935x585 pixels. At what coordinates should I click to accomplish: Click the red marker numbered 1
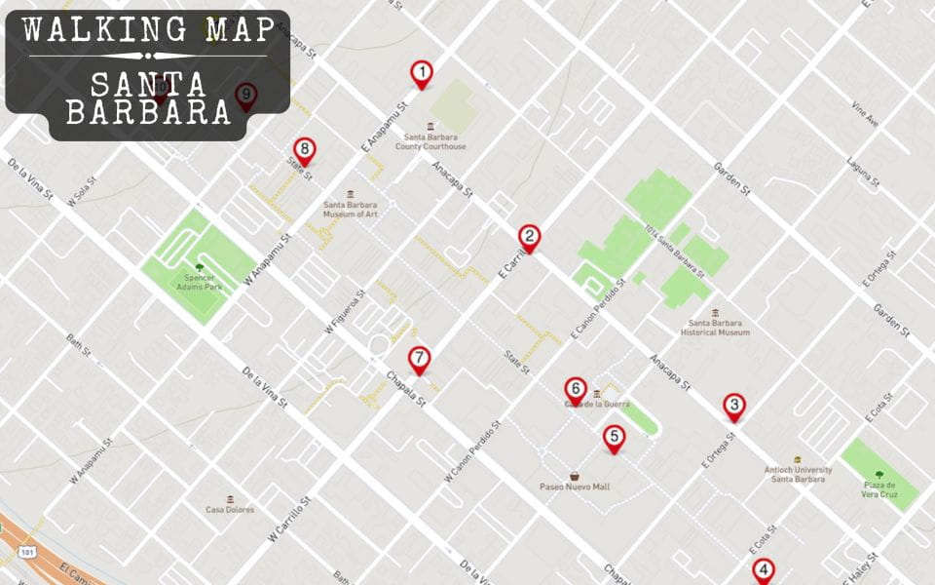(x=421, y=73)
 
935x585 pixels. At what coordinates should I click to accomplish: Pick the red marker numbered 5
(x=614, y=438)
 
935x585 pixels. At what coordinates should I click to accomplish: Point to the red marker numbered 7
(x=419, y=359)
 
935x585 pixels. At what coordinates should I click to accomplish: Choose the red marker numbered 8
(x=305, y=150)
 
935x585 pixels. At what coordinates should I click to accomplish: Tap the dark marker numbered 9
(x=246, y=95)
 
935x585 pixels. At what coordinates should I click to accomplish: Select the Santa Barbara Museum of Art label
(x=350, y=209)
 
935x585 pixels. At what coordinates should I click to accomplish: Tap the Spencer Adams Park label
(x=199, y=282)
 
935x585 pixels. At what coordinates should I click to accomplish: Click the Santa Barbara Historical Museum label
(x=715, y=327)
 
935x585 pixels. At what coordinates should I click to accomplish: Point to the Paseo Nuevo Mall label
(x=575, y=486)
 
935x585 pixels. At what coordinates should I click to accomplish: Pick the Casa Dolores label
(x=230, y=509)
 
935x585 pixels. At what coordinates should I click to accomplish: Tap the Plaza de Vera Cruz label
(x=879, y=489)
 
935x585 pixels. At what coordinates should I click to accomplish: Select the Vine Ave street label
(x=865, y=115)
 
